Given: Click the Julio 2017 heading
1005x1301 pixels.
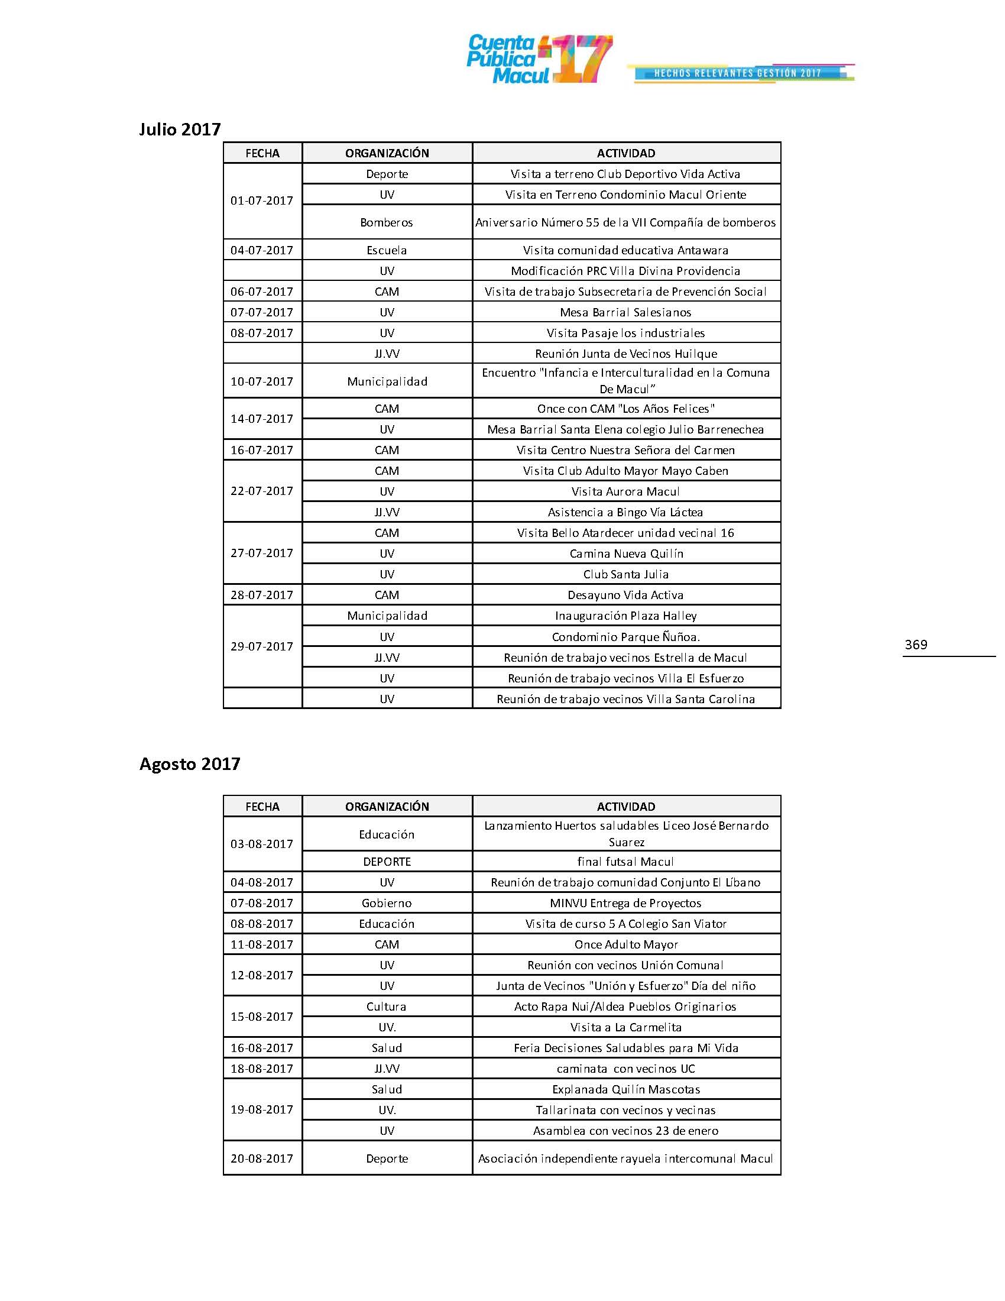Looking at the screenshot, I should click(x=180, y=130).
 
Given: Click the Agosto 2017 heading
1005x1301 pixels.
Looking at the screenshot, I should click(x=189, y=763).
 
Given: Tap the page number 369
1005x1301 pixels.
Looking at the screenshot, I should click(x=916, y=645).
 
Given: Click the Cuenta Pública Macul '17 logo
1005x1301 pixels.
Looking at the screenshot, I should click(x=539, y=59).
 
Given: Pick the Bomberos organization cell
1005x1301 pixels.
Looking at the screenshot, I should click(x=387, y=222).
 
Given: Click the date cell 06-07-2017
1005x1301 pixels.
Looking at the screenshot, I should click(x=262, y=292).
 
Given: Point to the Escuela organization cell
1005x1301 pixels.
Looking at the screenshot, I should click(x=387, y=250).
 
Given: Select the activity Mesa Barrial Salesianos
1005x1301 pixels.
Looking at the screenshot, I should click(x=625, y=312).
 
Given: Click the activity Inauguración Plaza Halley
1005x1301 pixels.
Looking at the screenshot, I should click(x=625, y=616).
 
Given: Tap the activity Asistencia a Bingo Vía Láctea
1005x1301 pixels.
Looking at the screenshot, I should click(x=625, y=512).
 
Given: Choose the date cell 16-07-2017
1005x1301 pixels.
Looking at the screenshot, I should click(x=262, y=450).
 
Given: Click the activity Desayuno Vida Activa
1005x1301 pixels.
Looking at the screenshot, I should click(x=625, y=594).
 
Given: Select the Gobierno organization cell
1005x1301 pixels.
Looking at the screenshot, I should click(x=387, y=903).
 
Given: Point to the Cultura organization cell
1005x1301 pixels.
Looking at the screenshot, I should click(x=387, y=1006).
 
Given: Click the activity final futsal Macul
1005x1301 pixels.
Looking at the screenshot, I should click(x=625, y=862).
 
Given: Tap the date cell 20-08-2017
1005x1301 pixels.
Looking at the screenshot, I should click(x=262, y=1158).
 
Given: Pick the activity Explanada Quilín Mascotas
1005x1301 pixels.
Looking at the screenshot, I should click(x=625, y=1089).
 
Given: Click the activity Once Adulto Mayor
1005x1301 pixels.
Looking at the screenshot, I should click(x=625, y=944).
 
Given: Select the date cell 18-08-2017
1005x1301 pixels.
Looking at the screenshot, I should click(x=262, y=1069).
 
